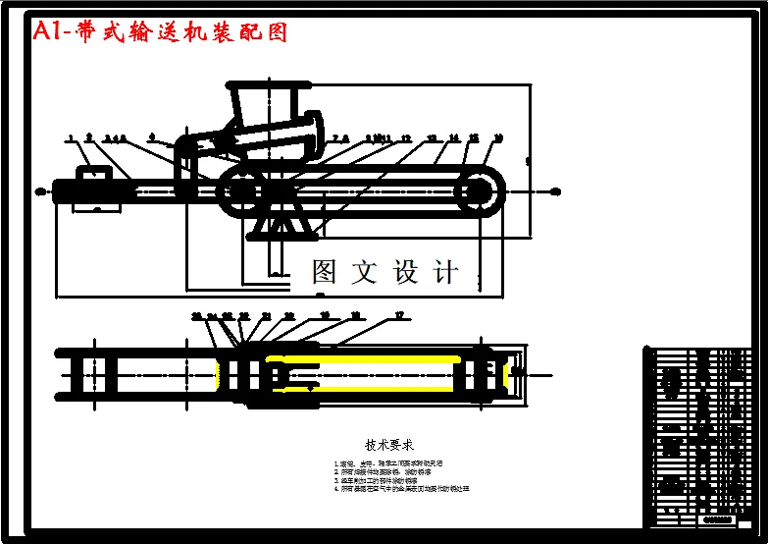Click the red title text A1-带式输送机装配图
[x=161, y=32]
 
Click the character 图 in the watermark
[x=325, y=272]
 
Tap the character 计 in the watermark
[x=446, y=272]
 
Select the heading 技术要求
[x=389, y=444]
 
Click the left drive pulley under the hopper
[x=239, y=190]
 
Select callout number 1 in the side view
[x=71, y=138]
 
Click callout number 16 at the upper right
[x=498, y=138]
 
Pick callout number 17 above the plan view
[x=398, y=315]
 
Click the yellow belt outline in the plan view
[x=373, y=357]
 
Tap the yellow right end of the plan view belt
[x=506, y=374]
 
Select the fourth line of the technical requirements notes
[x=401, y=488]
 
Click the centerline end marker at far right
[x=556, y=191]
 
